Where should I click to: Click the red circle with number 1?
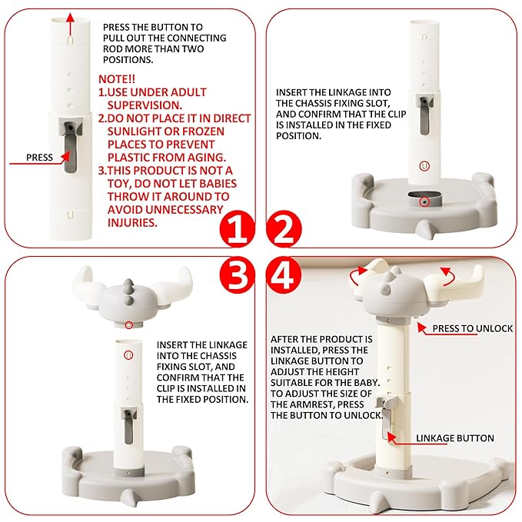pos(237,229)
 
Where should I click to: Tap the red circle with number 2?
pos(284,229)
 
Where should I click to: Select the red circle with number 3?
pos(237,274)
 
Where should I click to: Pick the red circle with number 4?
pos(284,274)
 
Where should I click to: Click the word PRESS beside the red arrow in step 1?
pos(39,157)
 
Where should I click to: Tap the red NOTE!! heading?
pos(117,79)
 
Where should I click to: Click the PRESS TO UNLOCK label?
pos(472,328)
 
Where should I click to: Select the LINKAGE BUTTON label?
pos(455,438)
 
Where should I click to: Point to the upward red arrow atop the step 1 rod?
pos(70,25)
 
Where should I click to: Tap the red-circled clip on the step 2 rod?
pos(424,166)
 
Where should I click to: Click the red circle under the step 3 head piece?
pos(129,324)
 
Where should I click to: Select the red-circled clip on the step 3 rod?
pos(128,355)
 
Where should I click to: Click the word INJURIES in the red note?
pos(132,223)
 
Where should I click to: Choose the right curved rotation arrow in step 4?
pos(447,276)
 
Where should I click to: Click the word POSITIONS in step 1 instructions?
pos(128,60)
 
